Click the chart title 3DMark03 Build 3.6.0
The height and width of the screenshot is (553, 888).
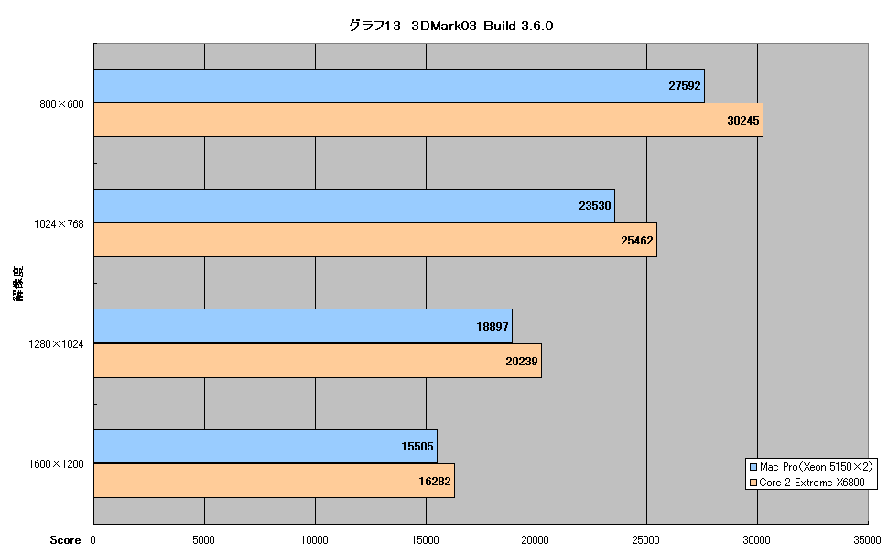[x=450, y=26]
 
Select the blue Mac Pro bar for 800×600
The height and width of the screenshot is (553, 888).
[x=399, y=85]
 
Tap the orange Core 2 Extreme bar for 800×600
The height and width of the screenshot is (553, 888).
[x=428, y=120]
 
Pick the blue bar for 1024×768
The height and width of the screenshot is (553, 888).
[x=354, y=206]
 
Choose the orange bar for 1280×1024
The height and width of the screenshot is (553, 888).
[x=318, y=361]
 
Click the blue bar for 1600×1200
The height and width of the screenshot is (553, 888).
[x=265, y=447]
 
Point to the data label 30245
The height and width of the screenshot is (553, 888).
[x=743, y=120]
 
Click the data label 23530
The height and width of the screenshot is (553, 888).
[x=595, y=206]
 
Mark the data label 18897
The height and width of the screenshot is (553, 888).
[x=493, y=326]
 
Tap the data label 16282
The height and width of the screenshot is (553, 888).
[x=434, y=481]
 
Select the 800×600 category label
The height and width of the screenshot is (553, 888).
[x=61, y=103]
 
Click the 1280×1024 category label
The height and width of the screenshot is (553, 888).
[x=56, y=344]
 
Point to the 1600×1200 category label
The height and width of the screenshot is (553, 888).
[x=56, y=464]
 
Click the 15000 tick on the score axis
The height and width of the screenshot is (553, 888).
[x=425, y=540]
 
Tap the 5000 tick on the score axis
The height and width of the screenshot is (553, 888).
[x=204, y=540]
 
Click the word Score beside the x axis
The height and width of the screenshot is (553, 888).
[x=65, y=540]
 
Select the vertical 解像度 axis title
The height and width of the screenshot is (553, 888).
[x=18, y=283]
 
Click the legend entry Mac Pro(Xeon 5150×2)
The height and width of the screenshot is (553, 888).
[x=816, y=467]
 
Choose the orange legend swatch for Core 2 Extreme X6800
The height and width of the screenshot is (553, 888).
[x=753, y=483]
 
